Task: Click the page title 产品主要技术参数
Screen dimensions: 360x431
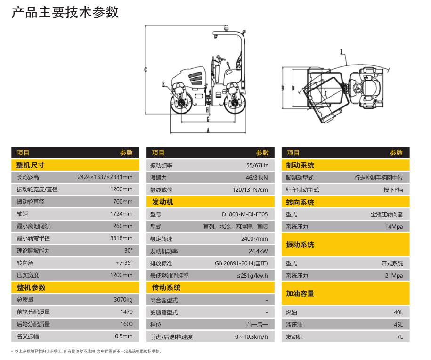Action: pyautogui.click(x=65, y=12)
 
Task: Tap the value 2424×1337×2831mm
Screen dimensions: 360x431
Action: pyautogui.click(x=105, y=177)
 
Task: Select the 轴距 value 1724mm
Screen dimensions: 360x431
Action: pyautogui.click(x=122, y=213)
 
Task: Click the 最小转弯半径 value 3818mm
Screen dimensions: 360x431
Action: pyautogui.click(x=122, y=238)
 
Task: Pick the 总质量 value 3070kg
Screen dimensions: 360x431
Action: pyautogui.click(x=123, y=299)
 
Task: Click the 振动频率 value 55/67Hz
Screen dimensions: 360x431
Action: pyautogui.click(x=257, y=165)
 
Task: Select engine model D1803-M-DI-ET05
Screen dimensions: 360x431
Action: pyautogui.click(x=244, y=214)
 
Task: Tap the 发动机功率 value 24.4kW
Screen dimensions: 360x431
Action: pyautogui.click(x=258, y=251)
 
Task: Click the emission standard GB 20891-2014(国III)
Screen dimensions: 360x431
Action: pyautogui.click(x=241, y=263)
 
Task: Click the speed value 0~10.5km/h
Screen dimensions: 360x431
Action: pyautogui.click(x=251, y=336)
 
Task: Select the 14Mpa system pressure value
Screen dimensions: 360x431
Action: pyautogui.click(x=394, y=226)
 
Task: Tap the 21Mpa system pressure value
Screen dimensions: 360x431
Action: pyautogui.click(x=394, y=275)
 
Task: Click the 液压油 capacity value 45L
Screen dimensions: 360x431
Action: pyautogui.click(x=398, y=324)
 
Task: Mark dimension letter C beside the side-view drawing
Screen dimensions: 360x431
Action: pyautogui.click(x=146, y=70)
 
